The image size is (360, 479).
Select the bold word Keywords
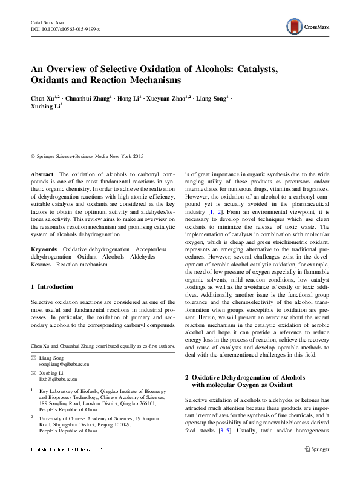click(x=44, y=249)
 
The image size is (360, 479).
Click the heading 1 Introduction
click(x=52, y=286)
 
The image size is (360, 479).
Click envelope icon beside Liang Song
click(x=33, y=359)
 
